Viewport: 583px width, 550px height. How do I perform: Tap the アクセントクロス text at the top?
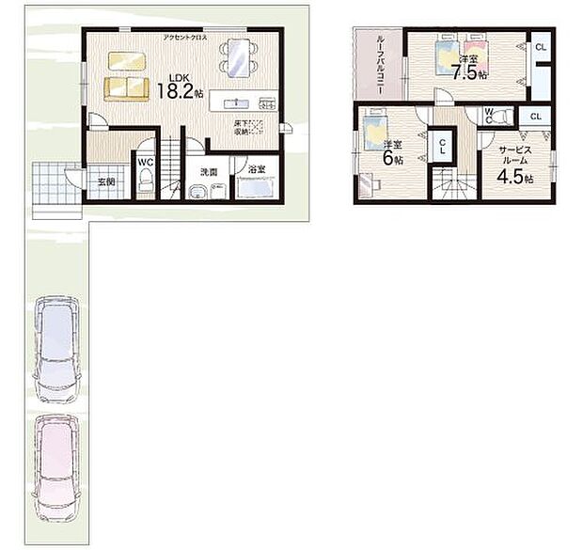185,37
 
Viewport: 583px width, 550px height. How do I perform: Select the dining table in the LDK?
240,58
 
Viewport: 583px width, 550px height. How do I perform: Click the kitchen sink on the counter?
235,102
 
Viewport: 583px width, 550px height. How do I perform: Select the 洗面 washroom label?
208,172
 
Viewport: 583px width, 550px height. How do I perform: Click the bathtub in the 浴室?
255,188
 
